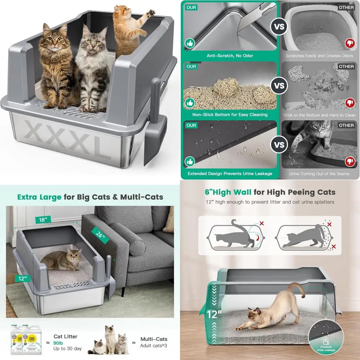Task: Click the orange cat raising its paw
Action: click(127, 31)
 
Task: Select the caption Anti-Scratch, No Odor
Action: click(230, 56)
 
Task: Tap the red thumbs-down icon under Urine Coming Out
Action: click(350, 162)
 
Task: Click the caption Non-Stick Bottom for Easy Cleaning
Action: click(230, 114)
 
